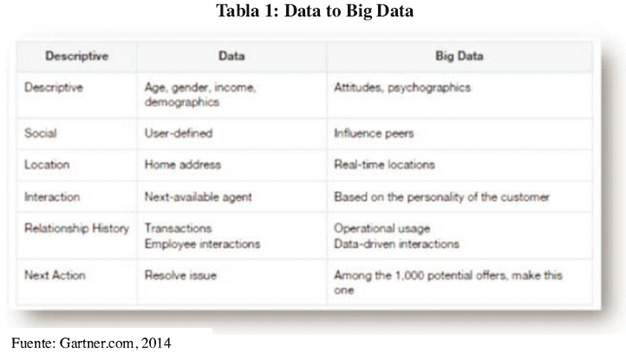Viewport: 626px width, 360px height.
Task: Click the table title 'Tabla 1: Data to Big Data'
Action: coord(315,10)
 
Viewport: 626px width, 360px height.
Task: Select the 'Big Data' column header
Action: coord(460,56)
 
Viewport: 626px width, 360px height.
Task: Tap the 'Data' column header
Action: coord(231,56)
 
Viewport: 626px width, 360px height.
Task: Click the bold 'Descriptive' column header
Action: coord(76,56)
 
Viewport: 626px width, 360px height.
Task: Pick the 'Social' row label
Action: coord(41,133)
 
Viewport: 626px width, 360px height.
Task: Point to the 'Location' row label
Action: coord(47,165)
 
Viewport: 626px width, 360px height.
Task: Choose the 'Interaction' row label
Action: coord(52,197)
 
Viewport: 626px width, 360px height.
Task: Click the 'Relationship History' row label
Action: coord(76,228)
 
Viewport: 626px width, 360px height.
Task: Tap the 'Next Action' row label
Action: coord(55,275)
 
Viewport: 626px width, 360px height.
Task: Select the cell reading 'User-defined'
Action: coord(179,133)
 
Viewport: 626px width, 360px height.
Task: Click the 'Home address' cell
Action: coord(183,165)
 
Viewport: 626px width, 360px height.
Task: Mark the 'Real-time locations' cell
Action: coord(384,165)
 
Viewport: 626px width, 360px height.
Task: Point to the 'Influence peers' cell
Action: coord(374,134)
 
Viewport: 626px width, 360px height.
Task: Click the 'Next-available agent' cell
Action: coord(199,197)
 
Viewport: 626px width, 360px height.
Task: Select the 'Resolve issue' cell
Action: coord(180,275)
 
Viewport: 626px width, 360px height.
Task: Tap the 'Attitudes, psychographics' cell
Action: coord(402,88)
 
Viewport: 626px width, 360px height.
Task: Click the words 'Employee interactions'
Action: coord(202,244)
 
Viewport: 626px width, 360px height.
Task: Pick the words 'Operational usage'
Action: coord(382,228)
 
